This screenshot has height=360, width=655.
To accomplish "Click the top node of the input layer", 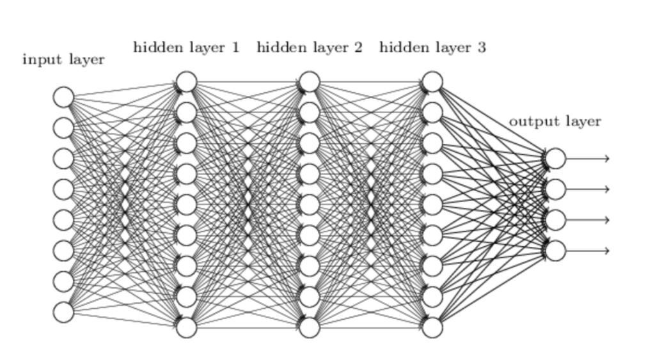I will pos(63,97).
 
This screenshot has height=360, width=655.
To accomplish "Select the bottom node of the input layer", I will pos(63,312).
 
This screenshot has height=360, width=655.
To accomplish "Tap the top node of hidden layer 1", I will pos(186,82).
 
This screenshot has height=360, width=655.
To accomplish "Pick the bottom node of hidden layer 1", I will pos(186,327).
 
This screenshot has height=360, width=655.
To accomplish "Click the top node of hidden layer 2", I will pos(309,82).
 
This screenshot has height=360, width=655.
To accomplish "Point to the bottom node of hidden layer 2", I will pos(309,327).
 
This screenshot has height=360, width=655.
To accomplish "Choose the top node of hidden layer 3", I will pos(432,82).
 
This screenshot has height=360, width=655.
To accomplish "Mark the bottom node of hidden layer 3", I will pos(432,327).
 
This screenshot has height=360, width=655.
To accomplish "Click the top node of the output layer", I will pos(555,159).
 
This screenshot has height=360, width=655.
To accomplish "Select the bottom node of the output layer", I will pos(555,251).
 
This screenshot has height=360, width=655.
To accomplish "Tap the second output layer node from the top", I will pos(555,189).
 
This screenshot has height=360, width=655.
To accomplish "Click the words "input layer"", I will pos(63,60).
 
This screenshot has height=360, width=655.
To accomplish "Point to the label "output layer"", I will pos(555,121).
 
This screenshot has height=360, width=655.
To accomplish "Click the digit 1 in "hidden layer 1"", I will pos(235,47).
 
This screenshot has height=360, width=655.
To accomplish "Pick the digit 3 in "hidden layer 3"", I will pos(481,47).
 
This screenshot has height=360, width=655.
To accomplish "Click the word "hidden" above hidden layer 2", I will pos(277,47).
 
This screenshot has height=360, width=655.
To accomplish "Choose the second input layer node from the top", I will pos(63,128).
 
